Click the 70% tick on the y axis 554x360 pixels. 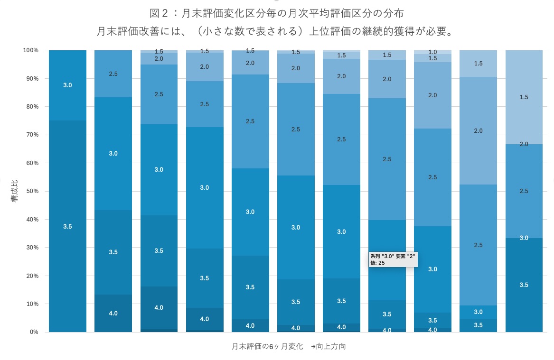click(x=32, y=135)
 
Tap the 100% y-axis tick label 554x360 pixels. click(x=30, y=50)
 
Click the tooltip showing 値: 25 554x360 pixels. click(x=393, y=259)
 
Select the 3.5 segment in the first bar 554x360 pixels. click(x=67, y=226)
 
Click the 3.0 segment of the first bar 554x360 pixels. click(x=67, y=85)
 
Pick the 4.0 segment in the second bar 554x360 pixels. click(x=113, y=313)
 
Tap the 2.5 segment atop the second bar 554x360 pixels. click(x=113, y=74)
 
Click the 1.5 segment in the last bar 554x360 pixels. click(x=524, y=97)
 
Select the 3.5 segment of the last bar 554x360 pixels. click(x=524, y=285)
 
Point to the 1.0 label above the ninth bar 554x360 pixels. click(x=432, y=52)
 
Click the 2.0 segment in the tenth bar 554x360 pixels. click(x=478, y=130)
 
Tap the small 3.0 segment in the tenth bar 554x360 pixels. click(x=478, y=312)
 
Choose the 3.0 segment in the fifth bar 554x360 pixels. click(x=250, y=212)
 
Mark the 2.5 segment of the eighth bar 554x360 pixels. click(x=387, y=159)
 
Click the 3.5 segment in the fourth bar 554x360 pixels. click(x=204, y=278)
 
